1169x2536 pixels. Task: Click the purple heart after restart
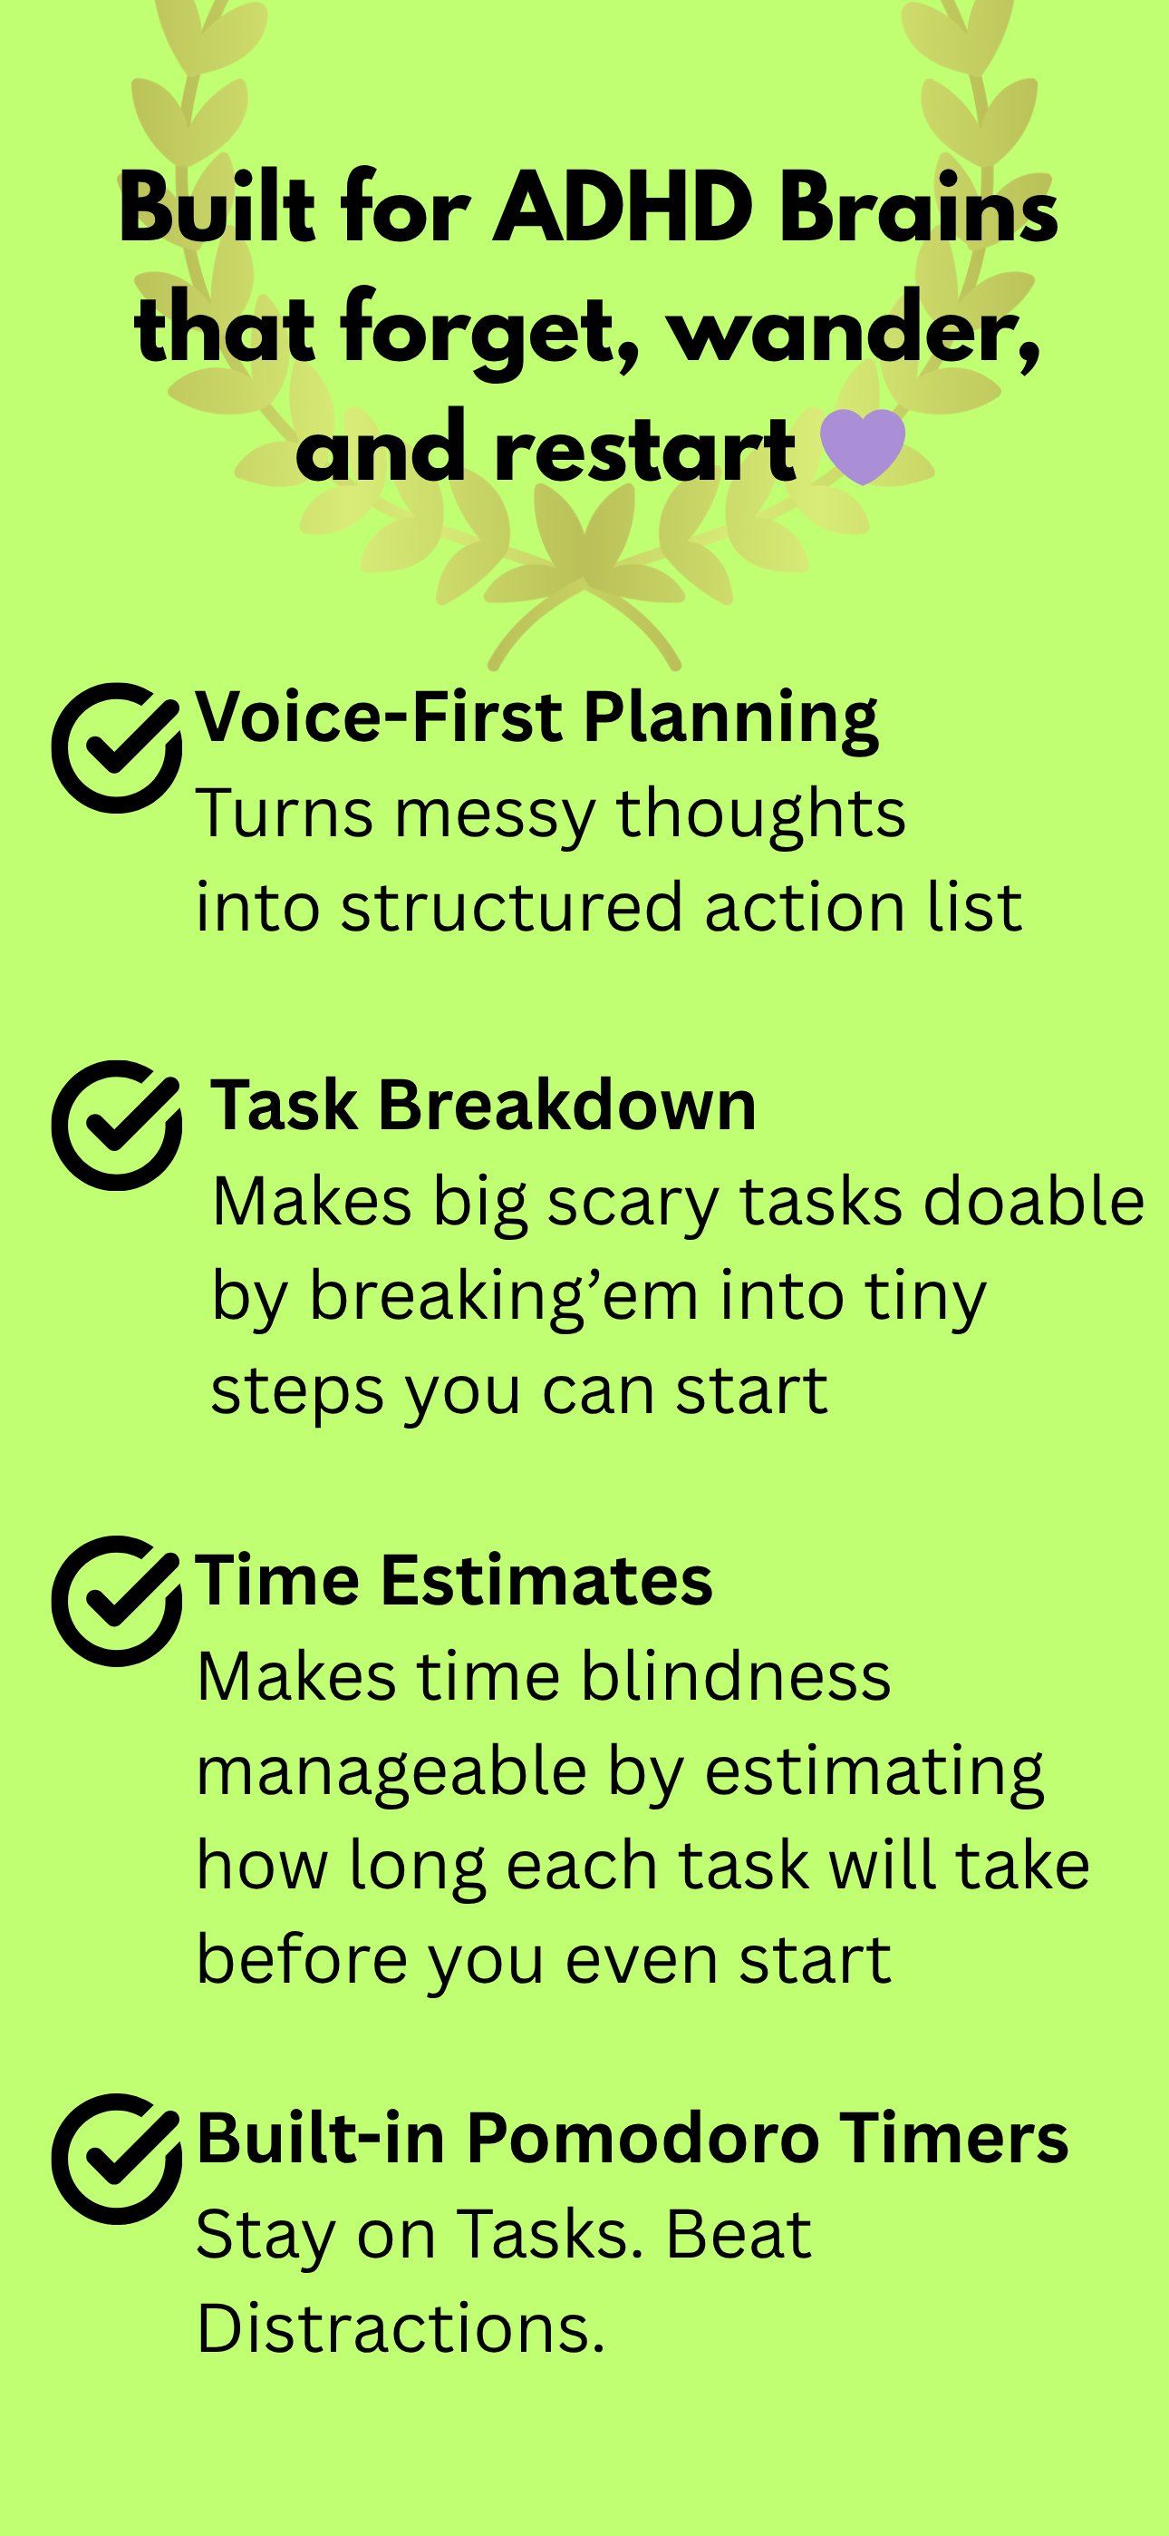(x=862, y=446)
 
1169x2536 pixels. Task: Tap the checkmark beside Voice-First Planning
(x=117, y=747)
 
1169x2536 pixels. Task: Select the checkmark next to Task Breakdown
(x=117, y=1125)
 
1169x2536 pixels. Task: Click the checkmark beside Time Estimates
(x=117, y=1600)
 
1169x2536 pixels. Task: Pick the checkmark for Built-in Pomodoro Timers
(x=117, y=2158)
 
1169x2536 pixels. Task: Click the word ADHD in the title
(x=623, y=208)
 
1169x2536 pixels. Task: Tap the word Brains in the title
(x=918, y=208)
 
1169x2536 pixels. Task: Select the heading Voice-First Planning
(x=536, y=717)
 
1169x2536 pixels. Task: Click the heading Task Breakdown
(x=483, y=1105)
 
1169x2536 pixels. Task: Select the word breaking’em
(x=504, y=1298)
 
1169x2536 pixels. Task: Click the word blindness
(x=735, y=1675)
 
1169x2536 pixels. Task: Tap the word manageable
(x=391, y=1773)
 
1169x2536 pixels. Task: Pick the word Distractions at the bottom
(x=401, y=2328)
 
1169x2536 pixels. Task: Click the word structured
(x=512, y=907)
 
